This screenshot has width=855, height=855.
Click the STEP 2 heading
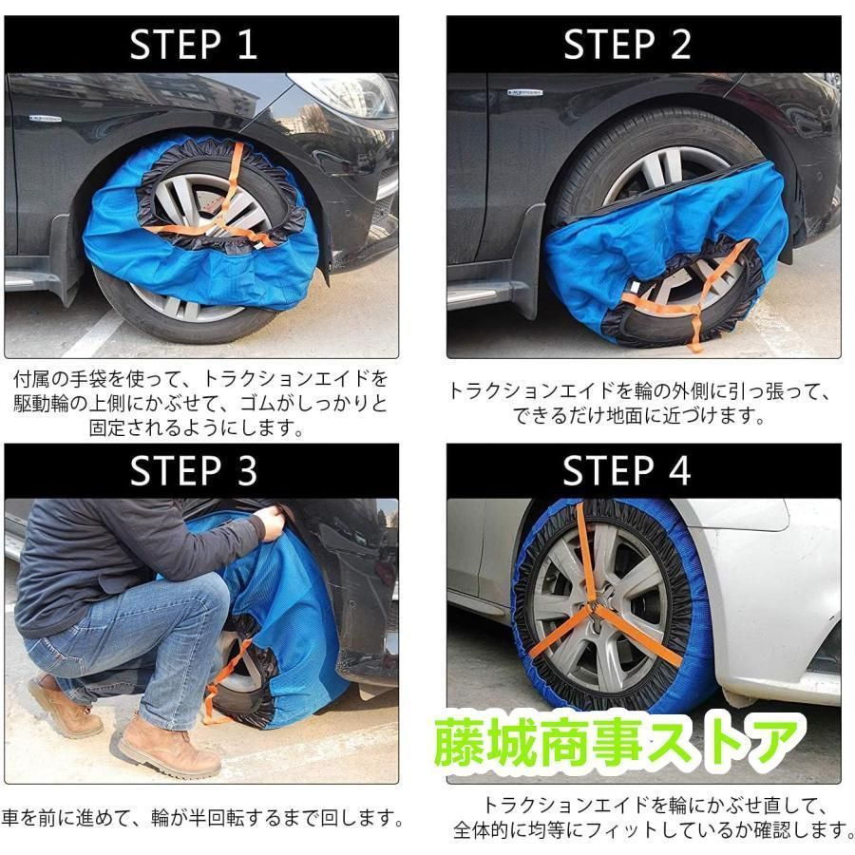pyautogui.click(x=627, y=45)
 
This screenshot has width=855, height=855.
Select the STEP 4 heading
pyautogui.click(x=627, y=470)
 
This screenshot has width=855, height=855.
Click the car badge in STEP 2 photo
pyautogui.click(x=524, y=92)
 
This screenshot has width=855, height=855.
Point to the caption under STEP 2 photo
pyautogui.click(x=638, y=403)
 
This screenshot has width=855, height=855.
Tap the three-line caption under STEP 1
pyautogui.click(x=199, y=403)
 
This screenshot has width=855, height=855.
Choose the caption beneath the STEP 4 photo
pyautogui.click(x=651, y=817)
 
